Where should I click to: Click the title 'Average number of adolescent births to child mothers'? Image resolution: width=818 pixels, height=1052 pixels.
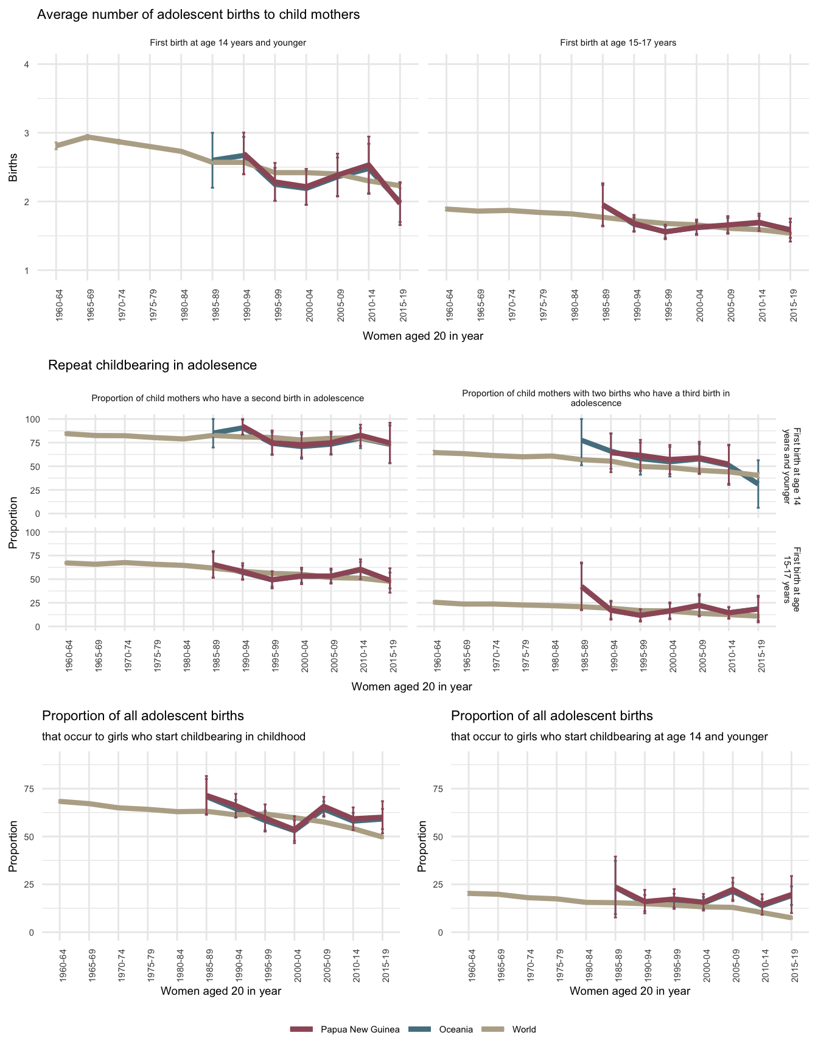(198, 15)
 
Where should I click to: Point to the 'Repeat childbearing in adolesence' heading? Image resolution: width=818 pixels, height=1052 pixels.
(152, 365)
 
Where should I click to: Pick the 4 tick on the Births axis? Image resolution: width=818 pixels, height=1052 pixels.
(27, 65)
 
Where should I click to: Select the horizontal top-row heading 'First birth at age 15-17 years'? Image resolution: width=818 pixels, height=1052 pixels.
(618, 43)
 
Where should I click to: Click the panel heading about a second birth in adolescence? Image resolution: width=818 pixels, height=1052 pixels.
(228, 398)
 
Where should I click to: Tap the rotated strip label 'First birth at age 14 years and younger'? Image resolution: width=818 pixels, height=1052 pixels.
(793, 466)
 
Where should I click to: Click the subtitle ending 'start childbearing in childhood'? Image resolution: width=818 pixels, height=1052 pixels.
(173, 737)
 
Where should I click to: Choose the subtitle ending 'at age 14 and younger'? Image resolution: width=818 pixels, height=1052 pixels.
(609, 737)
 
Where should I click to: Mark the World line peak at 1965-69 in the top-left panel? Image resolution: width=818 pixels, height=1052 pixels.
(88, 137)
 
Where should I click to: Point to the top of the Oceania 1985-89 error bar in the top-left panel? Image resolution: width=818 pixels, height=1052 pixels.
(212, 133)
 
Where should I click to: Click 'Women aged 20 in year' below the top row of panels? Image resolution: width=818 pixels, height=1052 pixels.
(422, 336)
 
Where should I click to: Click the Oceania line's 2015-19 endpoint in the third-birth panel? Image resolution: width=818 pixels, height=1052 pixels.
(758, 484)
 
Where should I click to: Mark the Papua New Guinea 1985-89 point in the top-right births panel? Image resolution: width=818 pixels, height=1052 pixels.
(603, 205)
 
